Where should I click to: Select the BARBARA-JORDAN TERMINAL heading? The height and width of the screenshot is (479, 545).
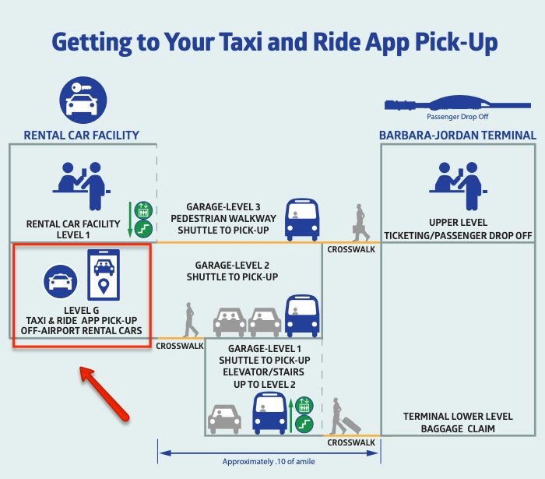coord(457,135)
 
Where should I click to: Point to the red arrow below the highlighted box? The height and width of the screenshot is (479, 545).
coord(105,396)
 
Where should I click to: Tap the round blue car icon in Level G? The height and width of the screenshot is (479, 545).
coord(60,281)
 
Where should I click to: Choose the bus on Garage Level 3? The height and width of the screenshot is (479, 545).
coord(302,220)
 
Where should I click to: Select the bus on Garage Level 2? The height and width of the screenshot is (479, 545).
coord(302,315)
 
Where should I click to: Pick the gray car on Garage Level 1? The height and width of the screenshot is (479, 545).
coord(224,418)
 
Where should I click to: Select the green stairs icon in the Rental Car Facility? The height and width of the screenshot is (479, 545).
coord(142,228)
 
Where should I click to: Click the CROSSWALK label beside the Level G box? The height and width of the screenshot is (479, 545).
coord(179,345)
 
